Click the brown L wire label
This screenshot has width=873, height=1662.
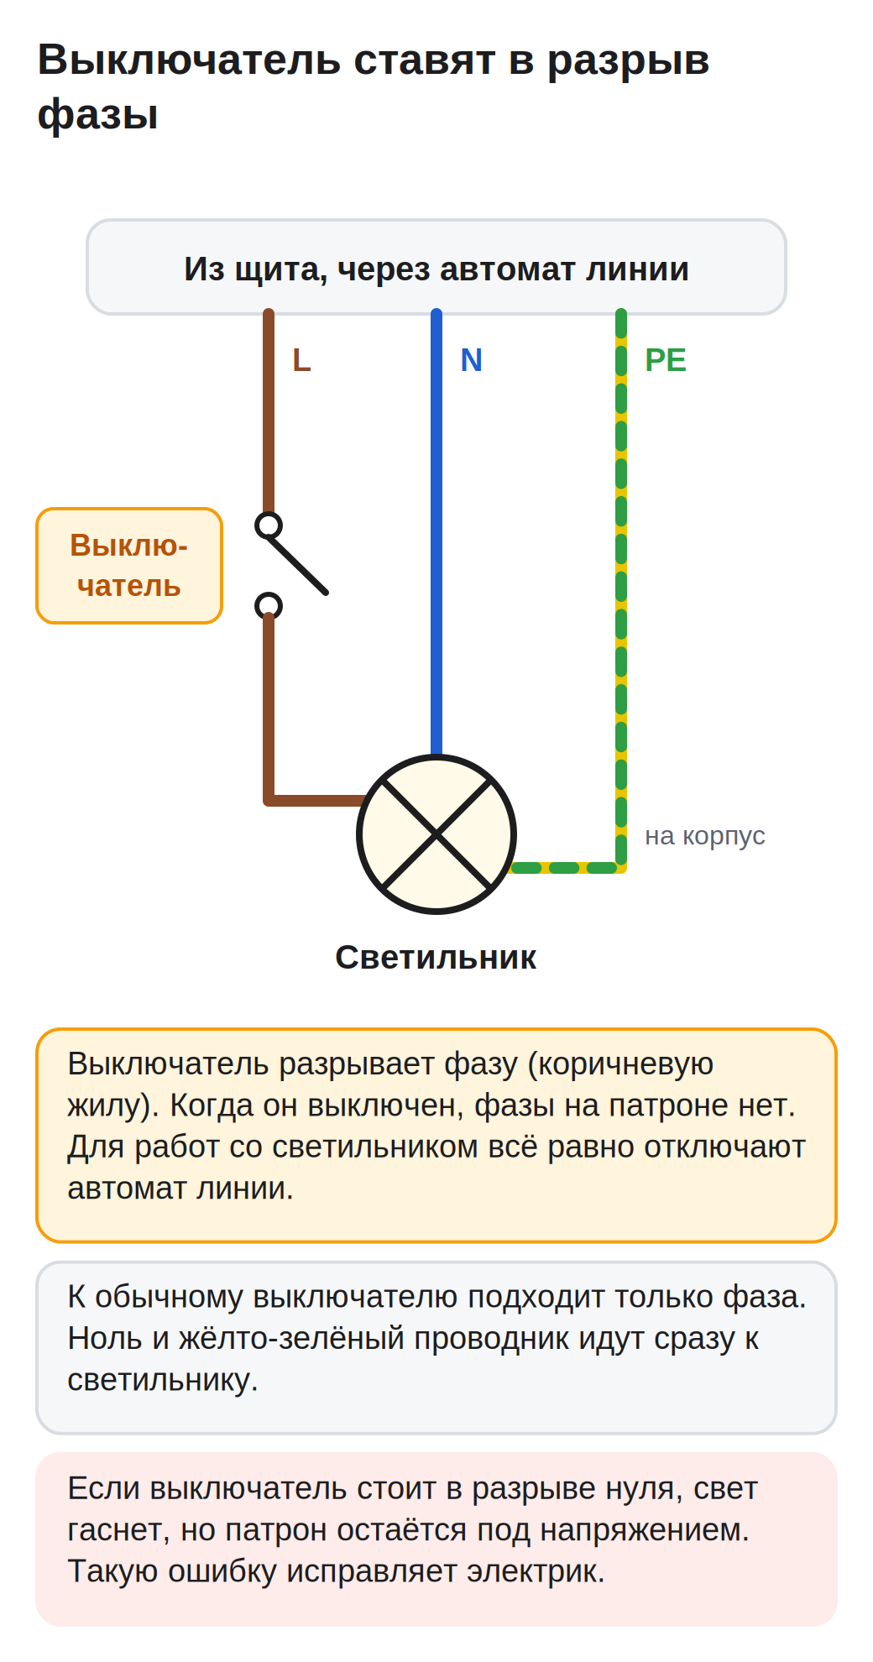[301, 360]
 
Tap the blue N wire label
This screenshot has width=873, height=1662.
[471, 360]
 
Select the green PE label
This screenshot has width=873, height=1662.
[665, 360]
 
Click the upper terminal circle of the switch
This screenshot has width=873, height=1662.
[269, 525]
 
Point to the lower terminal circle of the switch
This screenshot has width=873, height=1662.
[269, 606]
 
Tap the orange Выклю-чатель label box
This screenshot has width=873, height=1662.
[129, 566]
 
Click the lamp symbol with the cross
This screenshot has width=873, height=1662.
[436, 834]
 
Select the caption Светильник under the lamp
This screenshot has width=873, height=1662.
[436, 958]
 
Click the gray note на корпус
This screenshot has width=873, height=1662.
[705, 836]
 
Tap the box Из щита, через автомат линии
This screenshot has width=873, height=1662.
[436, 268]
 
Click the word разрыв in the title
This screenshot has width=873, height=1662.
[629, 60]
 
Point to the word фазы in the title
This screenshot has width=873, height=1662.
[98, 114]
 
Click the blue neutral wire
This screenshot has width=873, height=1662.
[436, 533]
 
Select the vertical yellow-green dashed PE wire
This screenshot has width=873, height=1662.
[621, 588]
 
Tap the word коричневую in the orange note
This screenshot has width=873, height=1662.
[625, 1064]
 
